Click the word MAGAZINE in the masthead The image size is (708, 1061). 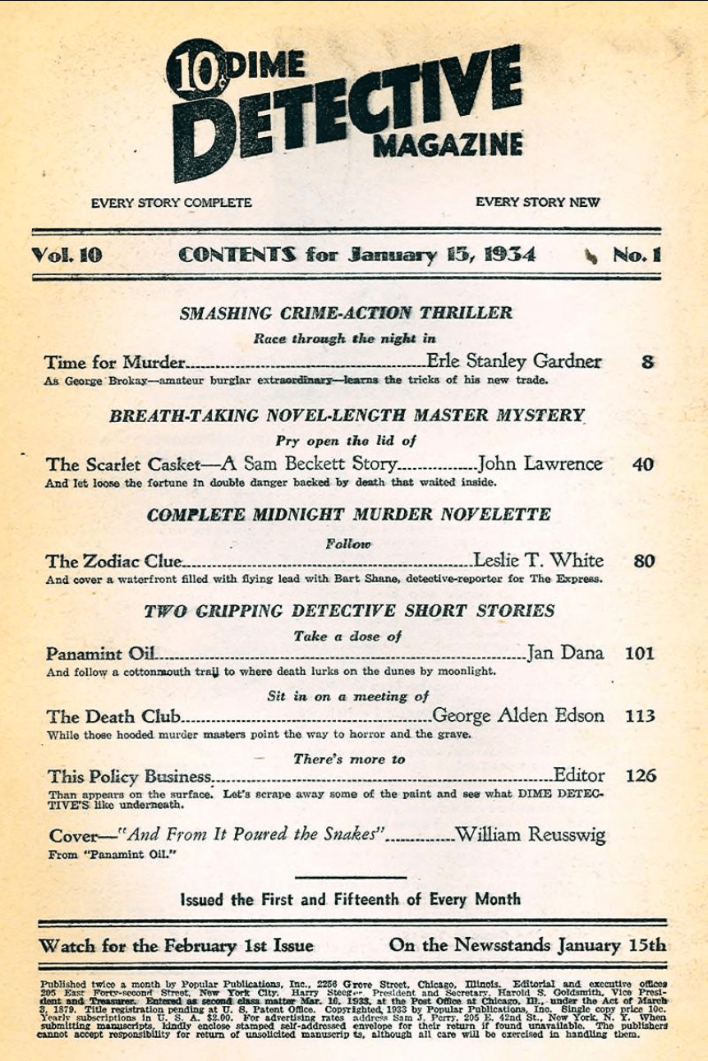(448, 145)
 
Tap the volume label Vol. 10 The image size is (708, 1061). (67, 255)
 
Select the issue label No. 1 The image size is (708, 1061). (637, 255)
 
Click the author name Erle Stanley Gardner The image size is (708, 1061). (514, 361)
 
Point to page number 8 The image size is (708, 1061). (647, 361)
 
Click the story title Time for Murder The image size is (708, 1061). (116, 362)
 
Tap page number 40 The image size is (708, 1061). (643, 464)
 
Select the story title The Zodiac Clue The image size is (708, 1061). (113, 562)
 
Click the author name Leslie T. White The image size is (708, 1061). (538, 561)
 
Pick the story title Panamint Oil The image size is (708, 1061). (99, 655)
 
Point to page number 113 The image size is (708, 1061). (640, 715)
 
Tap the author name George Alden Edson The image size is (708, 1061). (517, 715)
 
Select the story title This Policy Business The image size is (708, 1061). (129, 776)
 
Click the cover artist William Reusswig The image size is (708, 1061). (530, 835)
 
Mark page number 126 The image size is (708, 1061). (641, 775)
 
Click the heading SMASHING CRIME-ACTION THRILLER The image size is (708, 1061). (346, 313)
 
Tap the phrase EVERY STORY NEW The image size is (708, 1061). (537, 202)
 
